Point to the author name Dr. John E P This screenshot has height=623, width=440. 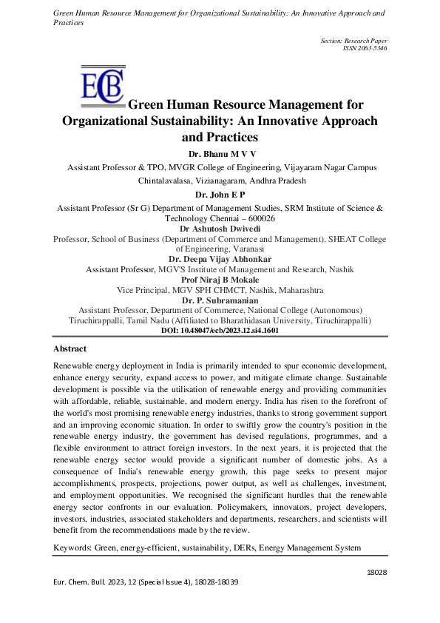coord(220,194)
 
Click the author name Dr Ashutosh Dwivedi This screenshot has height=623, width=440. coord(220,229)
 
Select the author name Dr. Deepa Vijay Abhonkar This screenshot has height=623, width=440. coord(220,259)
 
